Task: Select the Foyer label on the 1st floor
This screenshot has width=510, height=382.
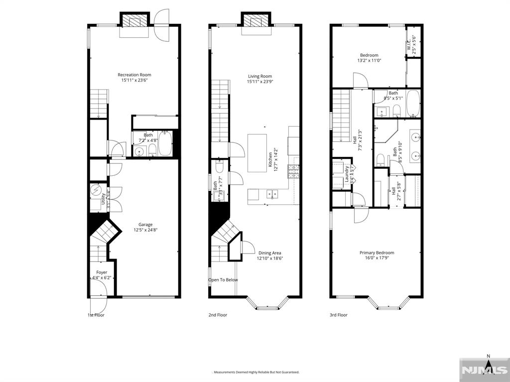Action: click(x=102, y=272)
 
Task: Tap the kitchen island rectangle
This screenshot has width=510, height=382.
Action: click(x=257, y=153)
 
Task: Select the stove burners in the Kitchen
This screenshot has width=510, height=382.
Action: click(x=293, y=172)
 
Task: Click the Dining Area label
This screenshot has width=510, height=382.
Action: click(x=269, y=253)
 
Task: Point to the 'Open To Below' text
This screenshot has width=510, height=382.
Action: click(x=223, y=280)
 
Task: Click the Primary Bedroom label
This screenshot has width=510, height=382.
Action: click(x=377, y=253)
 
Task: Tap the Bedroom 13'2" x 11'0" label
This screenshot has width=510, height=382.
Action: click(x=369, y=55)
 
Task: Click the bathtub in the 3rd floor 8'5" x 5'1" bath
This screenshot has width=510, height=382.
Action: click(x=413, y=104)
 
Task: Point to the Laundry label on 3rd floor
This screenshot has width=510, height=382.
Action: click(x=347, y=174)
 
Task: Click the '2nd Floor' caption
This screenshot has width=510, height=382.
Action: click(x=218, y=315)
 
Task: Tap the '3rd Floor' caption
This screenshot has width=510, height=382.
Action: click(x=339, y=315)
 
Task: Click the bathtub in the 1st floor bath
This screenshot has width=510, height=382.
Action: click(x=165, y=144)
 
